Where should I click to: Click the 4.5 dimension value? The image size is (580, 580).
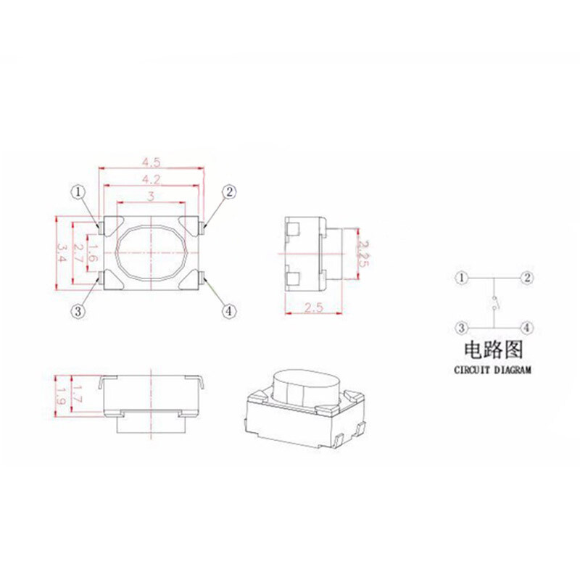tap(151, 161)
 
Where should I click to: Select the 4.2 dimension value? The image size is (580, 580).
tap(151, 178)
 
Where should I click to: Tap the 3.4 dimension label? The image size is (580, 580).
tap(62, 252)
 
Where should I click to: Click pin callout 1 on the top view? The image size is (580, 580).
tap(78, 192)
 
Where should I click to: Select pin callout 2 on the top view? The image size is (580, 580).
tap(228, 192)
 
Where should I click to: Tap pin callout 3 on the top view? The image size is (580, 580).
tap(78, 311)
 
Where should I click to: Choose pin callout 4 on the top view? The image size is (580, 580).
tap(228, 311)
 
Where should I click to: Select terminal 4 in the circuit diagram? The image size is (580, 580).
tap(528, 328)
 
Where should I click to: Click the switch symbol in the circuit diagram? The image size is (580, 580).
tap(494, 303)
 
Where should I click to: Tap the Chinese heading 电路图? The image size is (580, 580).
tap(493, 351)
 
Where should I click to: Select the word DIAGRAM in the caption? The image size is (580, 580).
tap(513, 370)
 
